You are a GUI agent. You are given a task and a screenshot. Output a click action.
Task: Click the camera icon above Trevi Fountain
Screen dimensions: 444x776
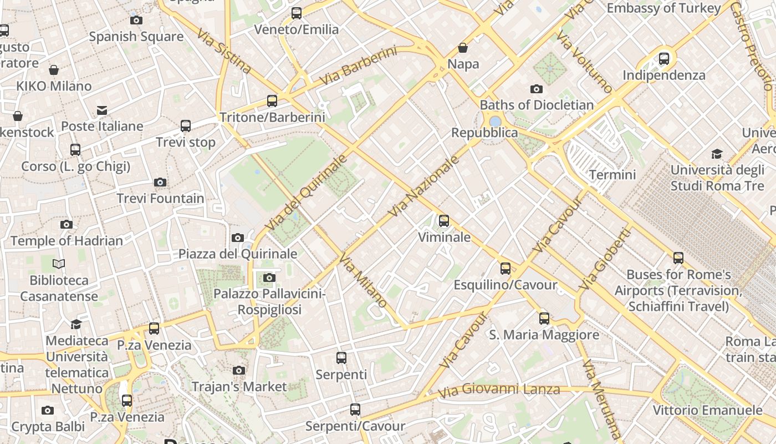coord(160,182)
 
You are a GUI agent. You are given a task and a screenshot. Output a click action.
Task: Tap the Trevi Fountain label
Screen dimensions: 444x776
coord(160,198)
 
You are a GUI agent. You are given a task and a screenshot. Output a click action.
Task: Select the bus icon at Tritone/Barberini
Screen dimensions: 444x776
coord(272,100)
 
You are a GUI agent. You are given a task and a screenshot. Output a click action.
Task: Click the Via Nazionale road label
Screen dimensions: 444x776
coord(424,187)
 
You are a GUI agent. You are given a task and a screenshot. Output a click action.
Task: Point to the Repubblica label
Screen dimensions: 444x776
coord(484,133)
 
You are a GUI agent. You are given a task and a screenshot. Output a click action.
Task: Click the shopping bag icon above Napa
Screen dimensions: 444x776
coord(463,48)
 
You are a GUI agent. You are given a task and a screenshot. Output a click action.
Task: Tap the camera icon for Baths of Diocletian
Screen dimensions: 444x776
coord(536,89)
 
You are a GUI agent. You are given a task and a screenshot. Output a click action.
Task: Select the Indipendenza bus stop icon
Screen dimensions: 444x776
coord(664,59)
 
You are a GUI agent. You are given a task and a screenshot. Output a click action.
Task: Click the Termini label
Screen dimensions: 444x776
coord(612,175)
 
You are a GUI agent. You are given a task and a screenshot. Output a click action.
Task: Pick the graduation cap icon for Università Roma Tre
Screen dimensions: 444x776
coord(717,154)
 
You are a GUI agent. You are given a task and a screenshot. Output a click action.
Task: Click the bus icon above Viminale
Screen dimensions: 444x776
coord(444,221)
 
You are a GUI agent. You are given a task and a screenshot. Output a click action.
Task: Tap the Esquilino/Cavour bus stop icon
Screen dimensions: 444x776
coord(506,269)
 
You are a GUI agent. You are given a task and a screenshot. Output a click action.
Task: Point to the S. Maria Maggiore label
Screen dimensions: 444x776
coord(544,335)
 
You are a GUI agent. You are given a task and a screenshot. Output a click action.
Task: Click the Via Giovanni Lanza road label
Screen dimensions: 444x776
coord(499,390)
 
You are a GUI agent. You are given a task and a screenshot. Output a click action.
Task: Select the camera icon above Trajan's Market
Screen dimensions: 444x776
coord(239,370)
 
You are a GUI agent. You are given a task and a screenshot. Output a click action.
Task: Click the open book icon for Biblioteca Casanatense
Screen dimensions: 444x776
coord(59,264)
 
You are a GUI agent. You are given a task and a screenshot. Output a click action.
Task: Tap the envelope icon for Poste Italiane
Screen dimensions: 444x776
coord(102,110)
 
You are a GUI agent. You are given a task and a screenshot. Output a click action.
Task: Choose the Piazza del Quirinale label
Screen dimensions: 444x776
coord(237,254)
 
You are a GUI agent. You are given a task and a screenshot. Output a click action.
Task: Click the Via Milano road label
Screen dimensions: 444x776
coord(363,280)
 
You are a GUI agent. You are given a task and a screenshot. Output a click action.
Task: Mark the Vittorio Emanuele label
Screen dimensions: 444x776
coord(707,410)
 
